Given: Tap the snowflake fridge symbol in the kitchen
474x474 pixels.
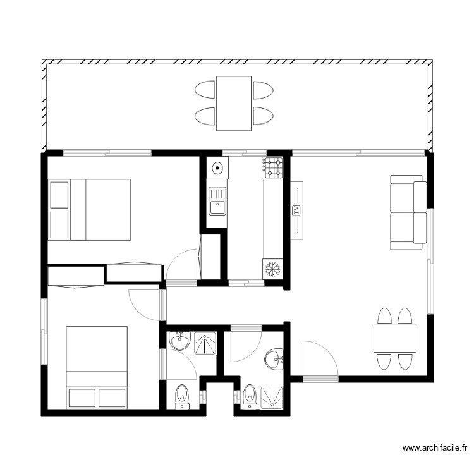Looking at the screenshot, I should tap(272, 269).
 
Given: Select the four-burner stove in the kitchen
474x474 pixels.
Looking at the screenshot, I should tap(274, 167).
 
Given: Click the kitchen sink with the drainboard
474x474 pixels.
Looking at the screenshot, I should tap(217, 201).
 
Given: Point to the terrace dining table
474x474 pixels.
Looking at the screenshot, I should tap(234, 103).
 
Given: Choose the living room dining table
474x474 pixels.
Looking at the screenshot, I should tap(395, 339).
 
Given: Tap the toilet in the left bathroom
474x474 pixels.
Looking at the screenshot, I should tap(181, 394).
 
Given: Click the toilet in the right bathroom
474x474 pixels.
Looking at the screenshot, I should tap(250, 394).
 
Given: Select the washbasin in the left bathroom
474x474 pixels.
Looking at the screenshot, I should tap(180, 341).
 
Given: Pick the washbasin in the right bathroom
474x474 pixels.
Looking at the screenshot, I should tap(276, 359).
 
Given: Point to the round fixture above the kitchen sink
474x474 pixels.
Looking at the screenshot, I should tap(217, 169).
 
